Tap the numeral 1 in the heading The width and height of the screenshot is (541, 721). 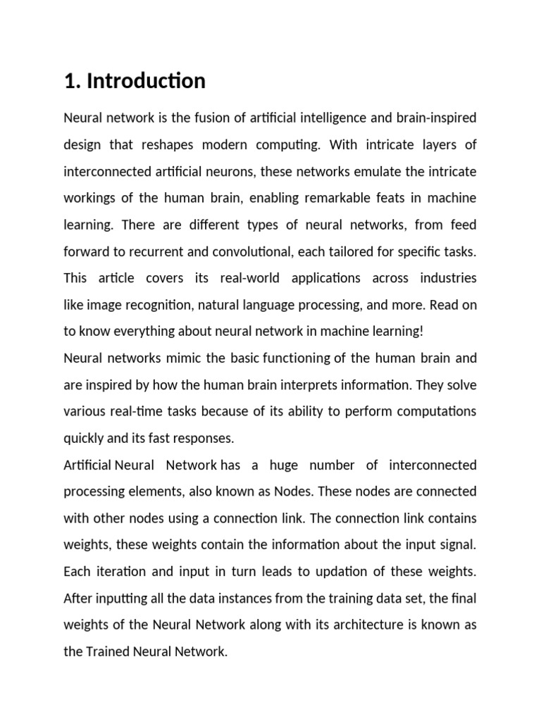[69, 82]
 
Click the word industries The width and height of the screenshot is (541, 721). [448, 278]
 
